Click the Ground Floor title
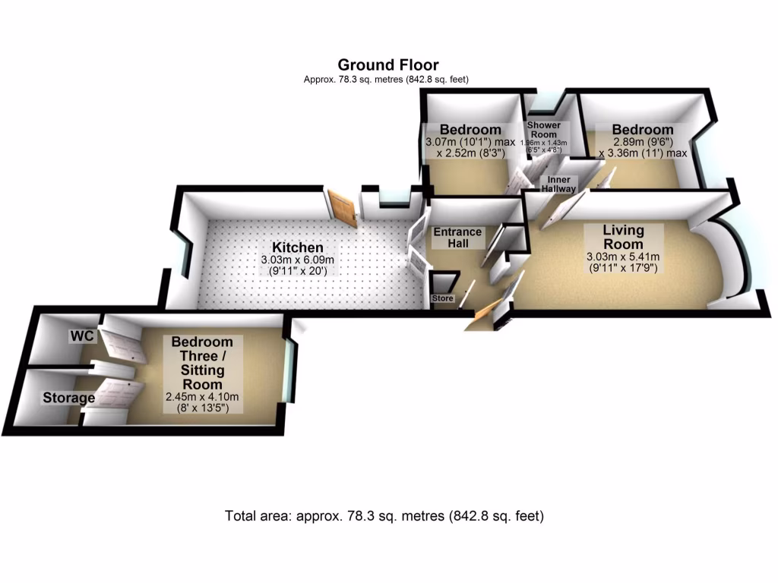coord(387,65)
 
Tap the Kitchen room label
coord(298,248)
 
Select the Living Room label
coord(623,236)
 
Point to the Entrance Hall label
coord(457,238)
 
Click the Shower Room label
coord(543,129)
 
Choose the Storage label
coord(68,398)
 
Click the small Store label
coord(442,298)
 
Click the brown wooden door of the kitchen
coord(343,209)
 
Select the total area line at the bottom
coord(384,516)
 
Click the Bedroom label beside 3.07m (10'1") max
coord(470,130)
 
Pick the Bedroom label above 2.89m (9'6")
coord(642,130)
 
